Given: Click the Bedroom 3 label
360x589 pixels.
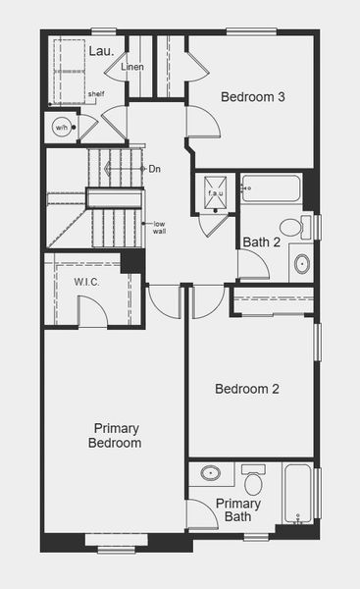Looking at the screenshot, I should pos(252,97).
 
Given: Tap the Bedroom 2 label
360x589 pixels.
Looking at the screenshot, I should pos(247,389).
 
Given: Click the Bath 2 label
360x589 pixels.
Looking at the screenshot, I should pos(262,242).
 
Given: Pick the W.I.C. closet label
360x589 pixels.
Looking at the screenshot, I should pos(86,282).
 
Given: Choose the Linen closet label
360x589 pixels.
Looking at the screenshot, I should pos(133,68).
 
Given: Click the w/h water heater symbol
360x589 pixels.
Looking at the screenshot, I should pos(61,128).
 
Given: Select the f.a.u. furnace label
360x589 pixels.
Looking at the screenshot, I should pos(215,193).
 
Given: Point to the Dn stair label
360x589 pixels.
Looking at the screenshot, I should pos(154,169).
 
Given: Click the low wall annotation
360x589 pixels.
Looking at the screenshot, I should pos(159,228).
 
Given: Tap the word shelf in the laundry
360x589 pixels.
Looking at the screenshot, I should pos(96,94).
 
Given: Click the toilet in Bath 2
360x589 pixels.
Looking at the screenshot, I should pos(291,227).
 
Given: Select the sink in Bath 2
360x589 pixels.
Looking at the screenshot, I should pos(301,263).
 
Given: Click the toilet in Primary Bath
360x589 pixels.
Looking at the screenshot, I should pos(253,481).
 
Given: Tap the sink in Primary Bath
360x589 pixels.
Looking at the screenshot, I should pos(210,473).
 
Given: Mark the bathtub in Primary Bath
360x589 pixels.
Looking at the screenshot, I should pos(298,494).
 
